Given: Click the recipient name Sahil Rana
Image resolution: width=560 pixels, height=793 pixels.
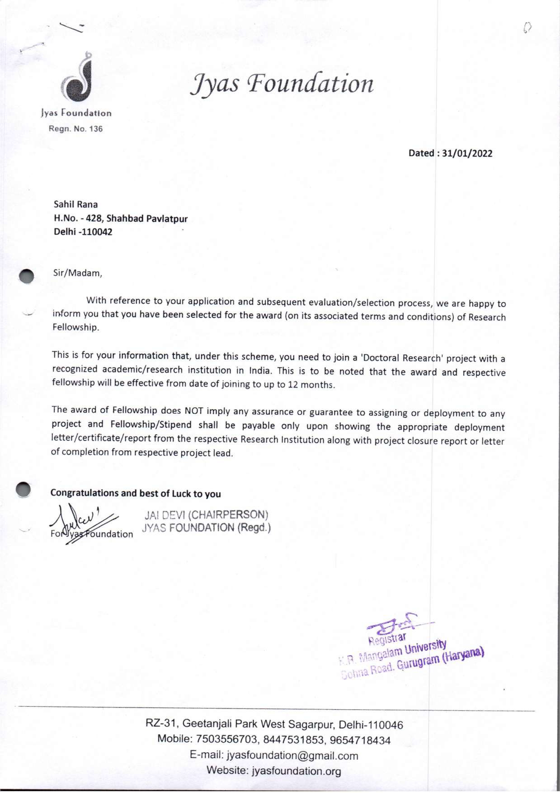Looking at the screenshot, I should click(x=76, y=205).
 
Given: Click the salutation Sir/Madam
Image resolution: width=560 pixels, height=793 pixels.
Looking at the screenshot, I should click(x=77, y=273).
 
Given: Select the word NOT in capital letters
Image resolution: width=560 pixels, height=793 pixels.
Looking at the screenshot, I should click(x=195, y=411).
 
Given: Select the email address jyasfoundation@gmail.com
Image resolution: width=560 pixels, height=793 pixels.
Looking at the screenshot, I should click(x=292, y=756).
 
